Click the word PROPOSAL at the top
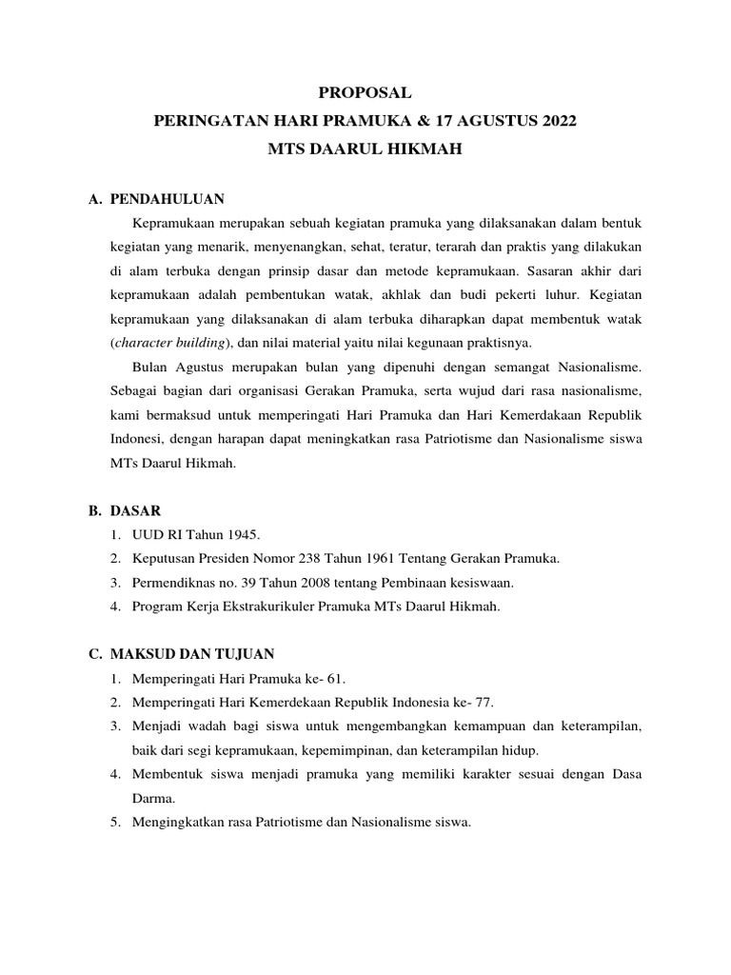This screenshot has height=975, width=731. [365, 92]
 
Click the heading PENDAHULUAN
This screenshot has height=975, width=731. [167, 199]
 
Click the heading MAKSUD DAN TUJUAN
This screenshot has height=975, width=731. [192, 654]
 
